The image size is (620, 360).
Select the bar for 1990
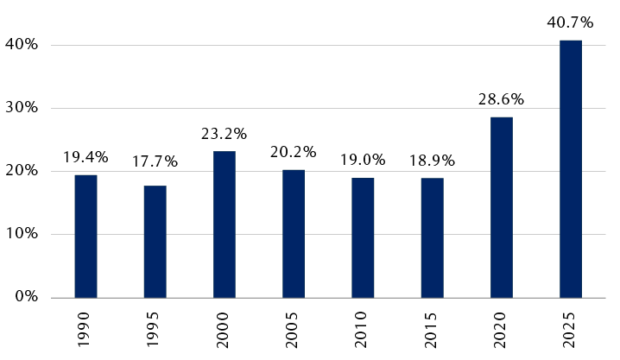tap(85, 236)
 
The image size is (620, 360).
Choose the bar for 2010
tap(363, 237)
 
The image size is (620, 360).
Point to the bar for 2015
tap(432, 237)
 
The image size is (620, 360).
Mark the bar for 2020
tap(502, 207)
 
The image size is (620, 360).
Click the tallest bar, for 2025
tap(571, 168)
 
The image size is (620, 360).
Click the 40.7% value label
tap(570, 21)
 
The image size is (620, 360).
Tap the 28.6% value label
tap(501, 98)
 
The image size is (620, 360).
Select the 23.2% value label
tap(225, 133)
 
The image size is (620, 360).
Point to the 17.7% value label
tap(155, 161)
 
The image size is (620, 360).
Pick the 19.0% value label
tap(363, 160)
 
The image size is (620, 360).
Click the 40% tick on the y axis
tap(22, 45)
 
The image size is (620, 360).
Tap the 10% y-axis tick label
tap(22, 234)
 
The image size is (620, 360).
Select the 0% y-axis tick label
tap(25, 297)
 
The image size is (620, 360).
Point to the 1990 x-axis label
tap(86, 330)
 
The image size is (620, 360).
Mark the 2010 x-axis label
tap(364, 330)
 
